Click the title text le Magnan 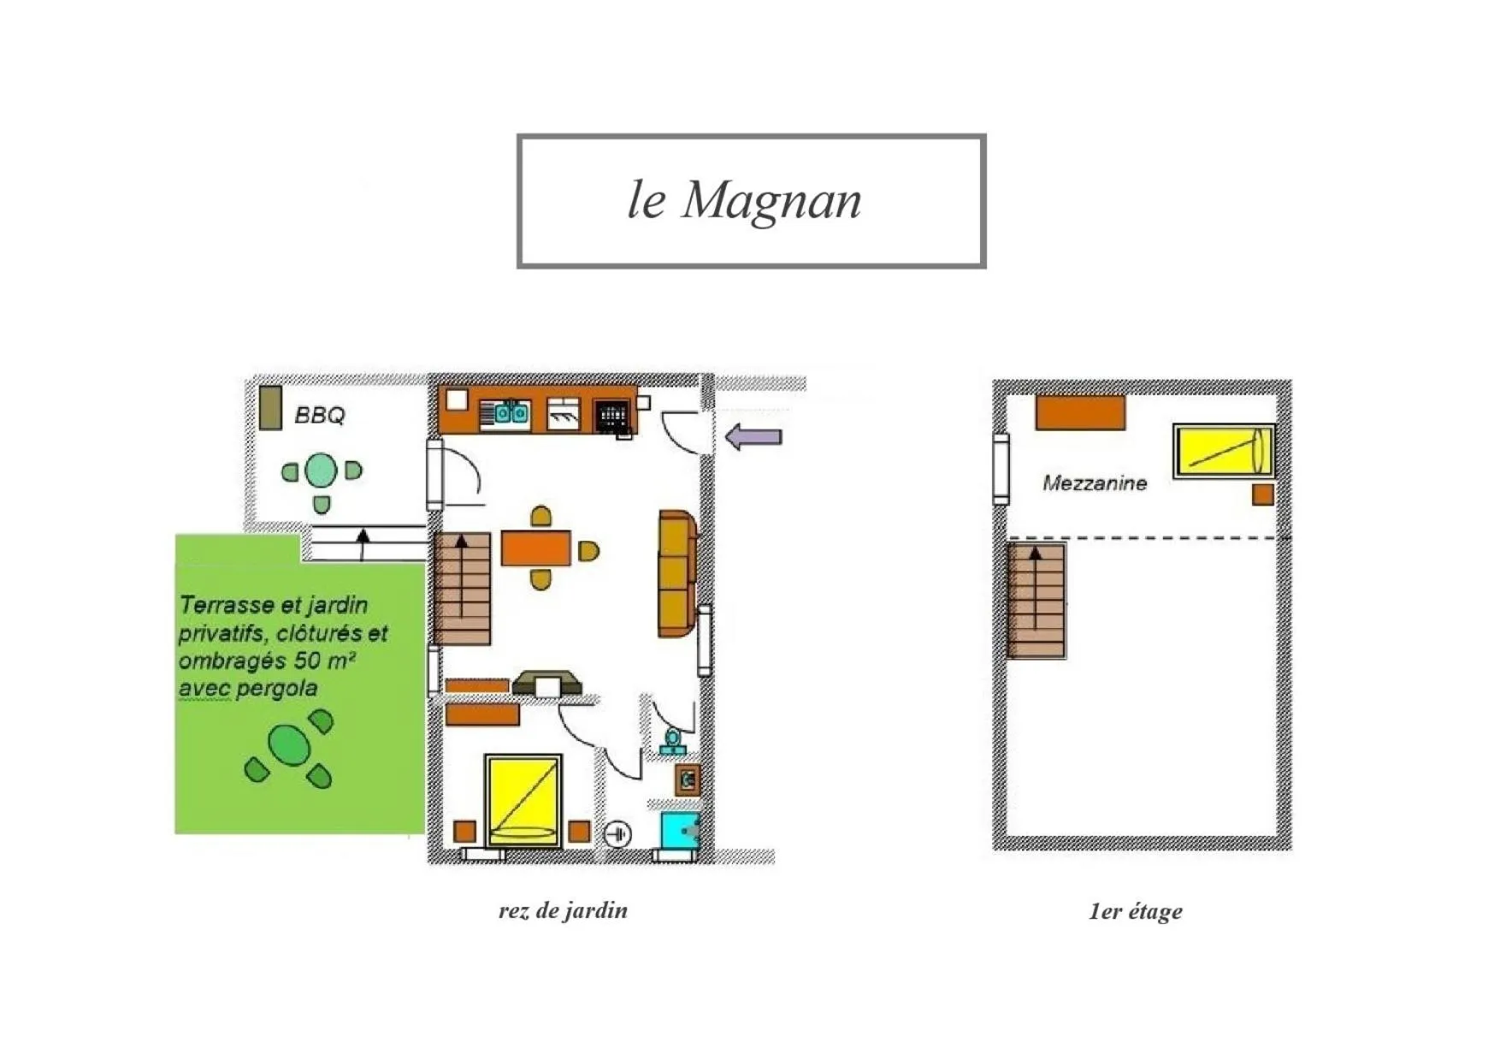point(744,200)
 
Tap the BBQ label point(319,415)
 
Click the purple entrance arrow point(753,436)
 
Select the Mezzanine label point(1094,483)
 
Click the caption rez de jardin point(563,910)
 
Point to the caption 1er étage point(1135,911)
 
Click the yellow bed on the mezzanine point(1223,450)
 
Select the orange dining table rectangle point(535,548)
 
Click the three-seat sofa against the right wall point(676,574)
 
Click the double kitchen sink point(511,414)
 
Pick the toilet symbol point(673,741)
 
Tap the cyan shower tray point(680,831)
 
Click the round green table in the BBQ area point(321,470)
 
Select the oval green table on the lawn point(289,746)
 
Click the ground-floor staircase point(462,589)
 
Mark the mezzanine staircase point(1036,601)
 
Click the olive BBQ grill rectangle point(270,407)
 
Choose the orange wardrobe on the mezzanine point(1080,412)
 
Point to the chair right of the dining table point(588,551)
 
